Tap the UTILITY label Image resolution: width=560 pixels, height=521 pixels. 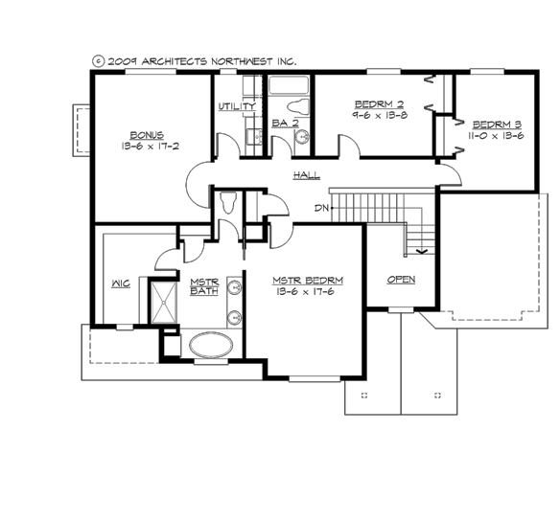pyautogui.click(x=236, y=106)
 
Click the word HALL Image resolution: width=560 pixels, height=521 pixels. pyautogui.click(x=307, y=175)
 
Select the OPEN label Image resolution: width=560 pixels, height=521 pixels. pyautogui.click(x=401, y=280)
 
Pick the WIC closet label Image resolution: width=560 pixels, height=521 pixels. pyautogui.click(x=120, y=284)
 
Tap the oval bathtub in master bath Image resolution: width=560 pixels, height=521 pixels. pyautogui.click(x=217, y=345)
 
